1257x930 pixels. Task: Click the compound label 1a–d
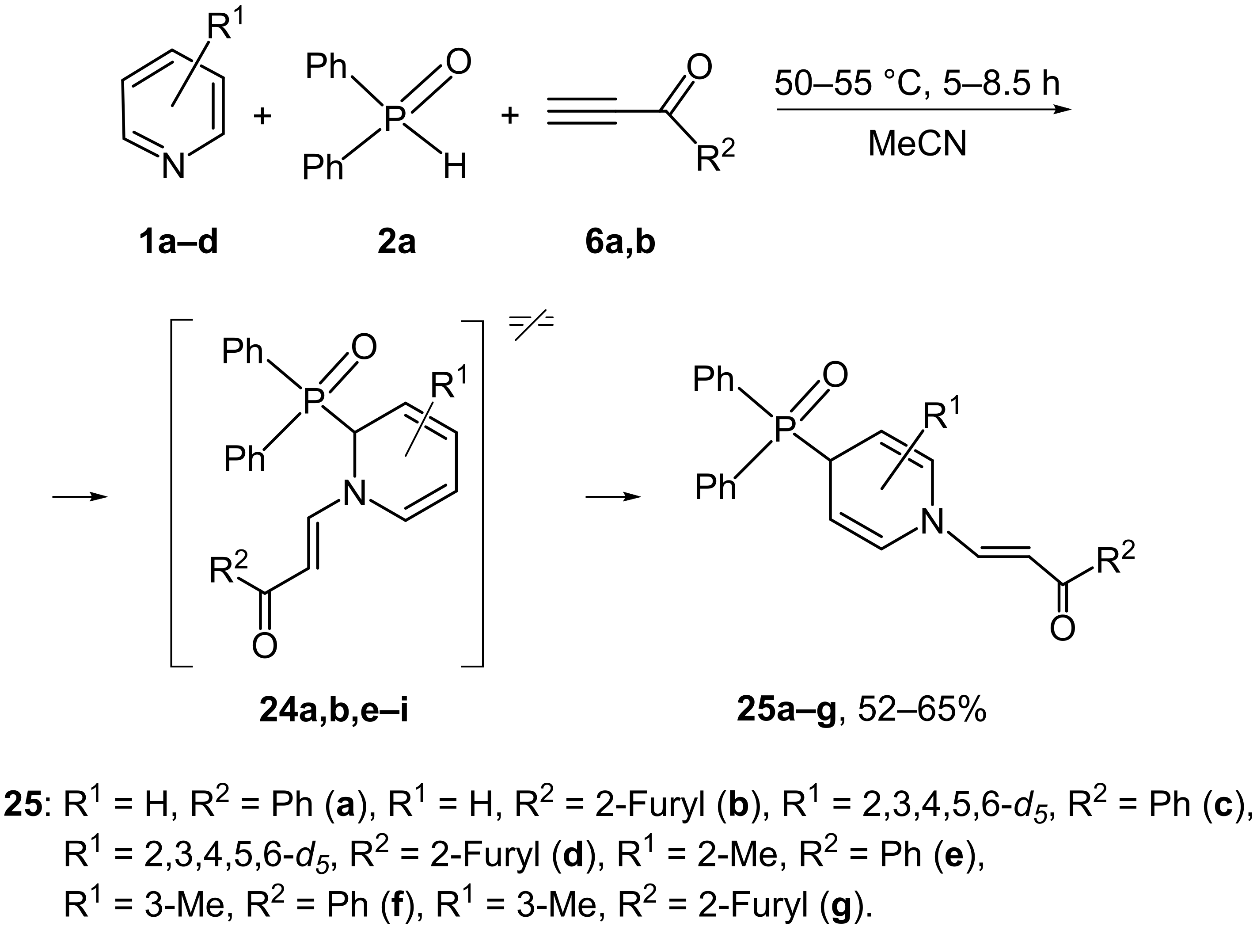click(x=178, y=243)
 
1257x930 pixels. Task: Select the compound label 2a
click(x=396, y=243)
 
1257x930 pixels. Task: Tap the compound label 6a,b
click(x=620, y=243)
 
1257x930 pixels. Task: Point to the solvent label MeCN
click(x=917, y=144)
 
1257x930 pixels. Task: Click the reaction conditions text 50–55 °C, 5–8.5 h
click(x=917, y=83)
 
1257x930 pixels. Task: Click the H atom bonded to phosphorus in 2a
click(x=455, y=167)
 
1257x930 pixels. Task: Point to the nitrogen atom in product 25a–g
click(x=933, y=522)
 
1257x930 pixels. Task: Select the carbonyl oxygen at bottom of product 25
click(x=1062, y=628)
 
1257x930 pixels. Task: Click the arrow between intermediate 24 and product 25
click(x=613, y=496)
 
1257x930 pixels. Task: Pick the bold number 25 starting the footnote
click(x=23, y=805)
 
